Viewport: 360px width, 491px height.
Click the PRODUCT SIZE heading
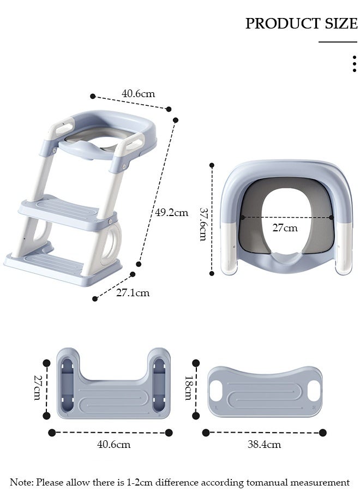(x=301, y=23)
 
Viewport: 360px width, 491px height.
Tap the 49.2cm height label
(x=171, y=213)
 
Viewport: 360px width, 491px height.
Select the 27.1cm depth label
(x=133, y=293)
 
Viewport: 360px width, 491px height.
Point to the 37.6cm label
(x=203, y=224)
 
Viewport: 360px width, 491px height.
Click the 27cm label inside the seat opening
(x=285, y=227)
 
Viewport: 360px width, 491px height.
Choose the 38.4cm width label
(x=264, y=444)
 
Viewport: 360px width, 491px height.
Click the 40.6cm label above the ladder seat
(x=137, y=93)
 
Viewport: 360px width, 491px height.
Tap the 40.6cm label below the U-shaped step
(x=113, y=444)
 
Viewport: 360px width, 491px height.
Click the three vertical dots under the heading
(x=355, y=63)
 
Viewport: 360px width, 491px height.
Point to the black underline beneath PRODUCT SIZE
(x=338, y=41)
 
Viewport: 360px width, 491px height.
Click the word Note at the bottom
(x=21, y=482)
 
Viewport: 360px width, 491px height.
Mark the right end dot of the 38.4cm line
(x=323, y=433)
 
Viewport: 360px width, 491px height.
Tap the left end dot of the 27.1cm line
(x=95, y=298)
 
